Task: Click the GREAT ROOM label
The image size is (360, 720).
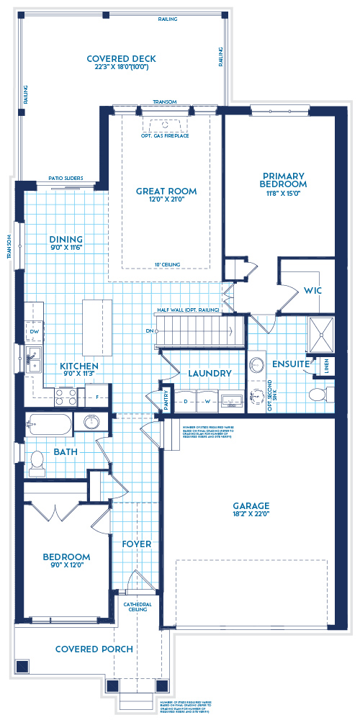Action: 166,192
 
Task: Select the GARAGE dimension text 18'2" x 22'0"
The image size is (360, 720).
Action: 251,516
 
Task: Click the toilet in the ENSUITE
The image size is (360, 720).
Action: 315,394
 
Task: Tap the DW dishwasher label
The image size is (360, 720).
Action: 34,331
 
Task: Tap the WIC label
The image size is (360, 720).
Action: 312,290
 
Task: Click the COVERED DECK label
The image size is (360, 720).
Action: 121,59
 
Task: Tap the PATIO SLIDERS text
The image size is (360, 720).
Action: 66,178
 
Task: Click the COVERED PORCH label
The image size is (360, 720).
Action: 94,649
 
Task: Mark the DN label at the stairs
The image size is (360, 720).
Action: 150,331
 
